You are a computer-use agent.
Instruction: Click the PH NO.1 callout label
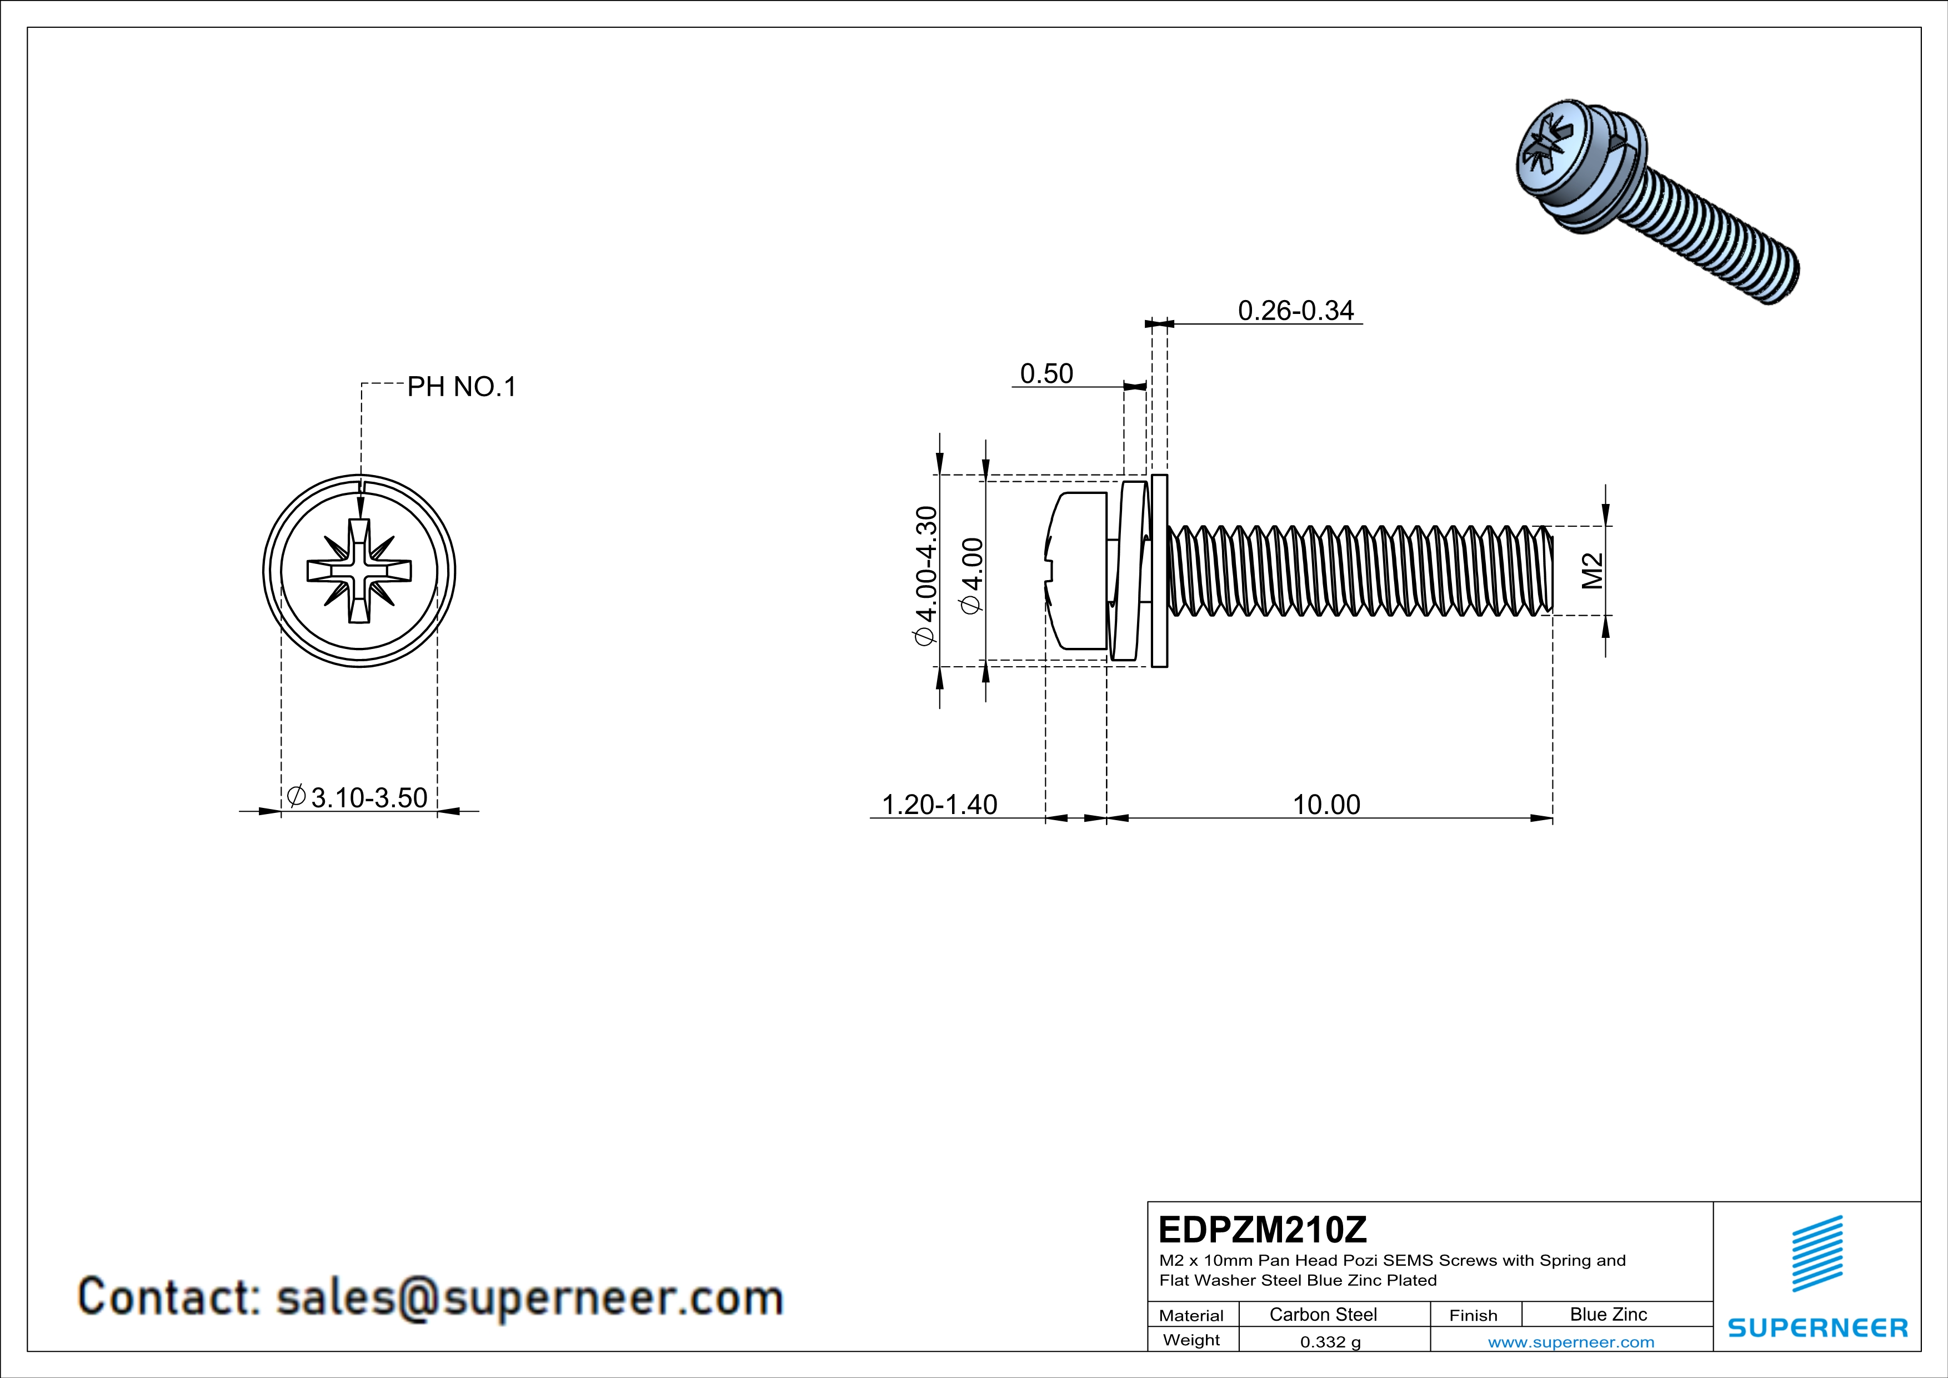(x=462, y=387)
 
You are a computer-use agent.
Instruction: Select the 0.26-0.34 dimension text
(x=1295, y=311)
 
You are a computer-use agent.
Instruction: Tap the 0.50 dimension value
(x=1046, y=373)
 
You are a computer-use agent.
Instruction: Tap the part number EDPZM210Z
(x=1263, y=1230)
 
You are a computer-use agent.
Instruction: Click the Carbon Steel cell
(x=1323, y=1314)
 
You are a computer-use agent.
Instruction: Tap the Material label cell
(x=1191, y=1315)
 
